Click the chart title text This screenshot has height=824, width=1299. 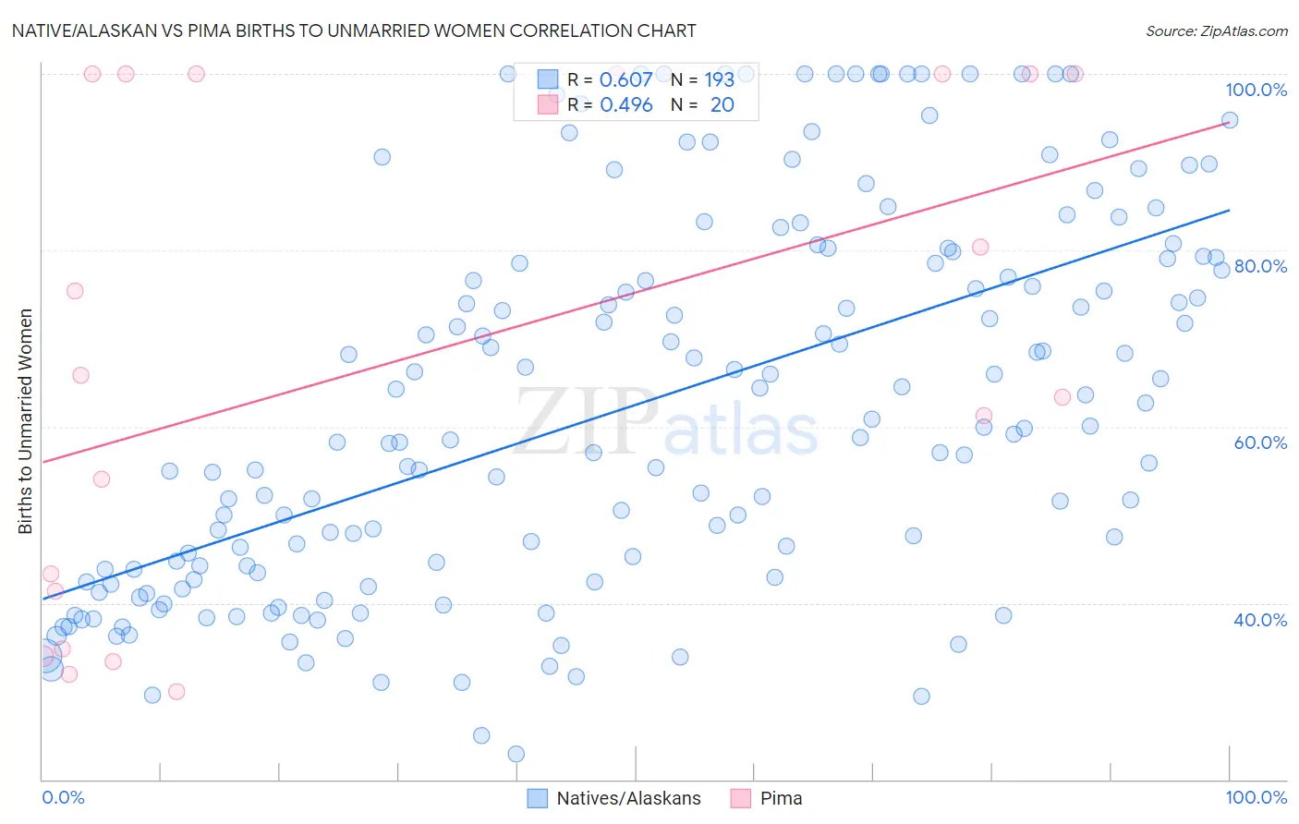point(354,30)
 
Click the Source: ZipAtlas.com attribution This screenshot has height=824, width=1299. point(1216,30)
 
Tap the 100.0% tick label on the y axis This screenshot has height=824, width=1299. point(1256,90)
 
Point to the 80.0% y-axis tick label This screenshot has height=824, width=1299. point(1260,266)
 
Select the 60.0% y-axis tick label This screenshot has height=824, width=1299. point(1260,442)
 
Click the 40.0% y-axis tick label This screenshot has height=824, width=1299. point(1260,620)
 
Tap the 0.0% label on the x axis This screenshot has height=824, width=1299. point(63,797)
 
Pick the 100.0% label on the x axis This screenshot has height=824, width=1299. point(1256,797)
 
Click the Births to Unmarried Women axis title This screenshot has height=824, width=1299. point(26,421)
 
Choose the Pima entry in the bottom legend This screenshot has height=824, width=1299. point(781,798)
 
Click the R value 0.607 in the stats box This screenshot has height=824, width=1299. point(626,80)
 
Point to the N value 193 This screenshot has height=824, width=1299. point(719,80)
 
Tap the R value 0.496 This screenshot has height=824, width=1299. point(626,105)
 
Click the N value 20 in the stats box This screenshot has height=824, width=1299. point(722,105)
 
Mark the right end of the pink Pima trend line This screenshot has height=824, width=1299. point(1229,121)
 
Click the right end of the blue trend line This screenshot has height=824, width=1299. point(1229,210)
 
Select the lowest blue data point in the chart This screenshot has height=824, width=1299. point(516,754)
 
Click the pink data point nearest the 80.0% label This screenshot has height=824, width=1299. point(980,247)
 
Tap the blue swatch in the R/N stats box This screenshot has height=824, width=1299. point(548,79)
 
